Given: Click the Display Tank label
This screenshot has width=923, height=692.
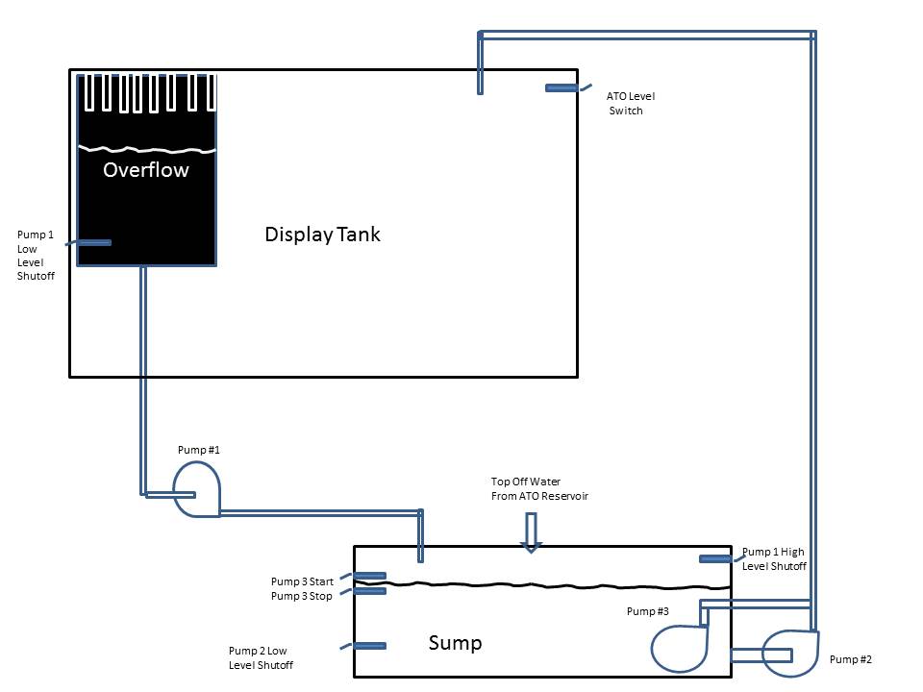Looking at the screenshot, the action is (323, 235).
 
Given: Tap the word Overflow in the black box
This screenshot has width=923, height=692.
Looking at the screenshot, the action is (146, 169).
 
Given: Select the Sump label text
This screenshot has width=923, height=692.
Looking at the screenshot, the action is (455, 643).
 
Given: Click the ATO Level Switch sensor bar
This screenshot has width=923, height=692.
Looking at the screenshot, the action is (561, 88).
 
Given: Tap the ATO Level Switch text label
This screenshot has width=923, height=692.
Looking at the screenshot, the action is (630, 103).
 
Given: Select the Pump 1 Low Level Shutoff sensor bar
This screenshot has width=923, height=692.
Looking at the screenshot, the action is (94, 242).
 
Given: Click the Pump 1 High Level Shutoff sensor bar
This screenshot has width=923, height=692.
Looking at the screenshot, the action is (715, 559).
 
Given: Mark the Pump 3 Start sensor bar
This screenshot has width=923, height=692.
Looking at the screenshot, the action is (370, 576).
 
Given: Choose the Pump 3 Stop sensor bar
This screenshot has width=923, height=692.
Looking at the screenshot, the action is (370, 591).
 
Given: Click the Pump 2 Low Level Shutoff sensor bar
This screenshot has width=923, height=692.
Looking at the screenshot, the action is (370, 646).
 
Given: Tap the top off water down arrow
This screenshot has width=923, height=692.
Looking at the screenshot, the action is (531, 532).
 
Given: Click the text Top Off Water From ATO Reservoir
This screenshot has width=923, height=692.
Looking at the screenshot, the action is (539, 489).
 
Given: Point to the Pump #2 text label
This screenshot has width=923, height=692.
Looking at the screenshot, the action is (851, 659).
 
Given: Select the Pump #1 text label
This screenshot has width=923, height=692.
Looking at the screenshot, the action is (199, 450).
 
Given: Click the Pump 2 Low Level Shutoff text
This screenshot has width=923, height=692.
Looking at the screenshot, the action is (261, 657).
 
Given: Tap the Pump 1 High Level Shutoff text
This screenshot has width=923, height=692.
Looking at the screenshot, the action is (774, 559).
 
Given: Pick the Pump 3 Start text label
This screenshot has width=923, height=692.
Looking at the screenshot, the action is (302, 581).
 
